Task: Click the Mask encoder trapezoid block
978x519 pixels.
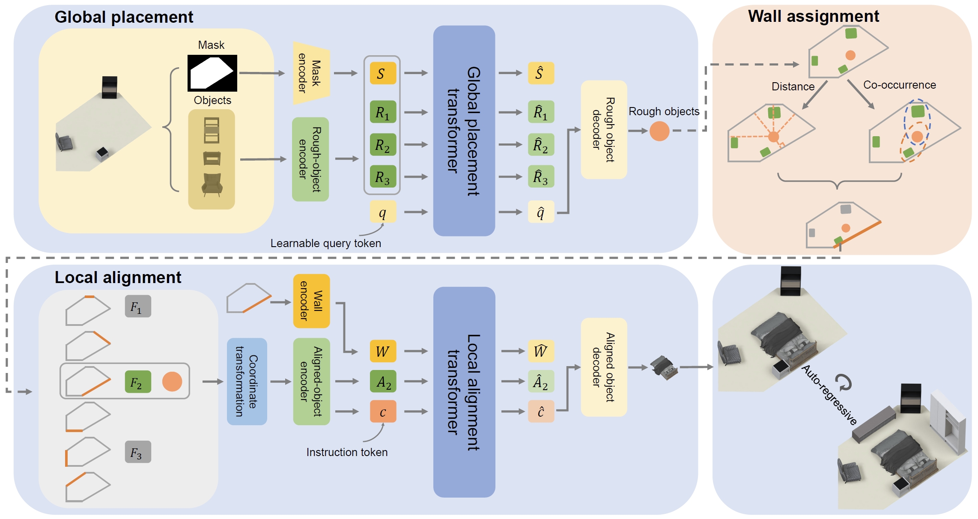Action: [x=310, y=73]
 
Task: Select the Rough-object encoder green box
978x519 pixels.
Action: [x=310, y=159]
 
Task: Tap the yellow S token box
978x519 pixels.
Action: [x=382, y=73]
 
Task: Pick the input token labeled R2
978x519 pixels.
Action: [x=382, y=145]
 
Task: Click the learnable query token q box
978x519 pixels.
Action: [x=382, y=212]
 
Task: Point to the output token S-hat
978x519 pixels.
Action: [x=540, y=73]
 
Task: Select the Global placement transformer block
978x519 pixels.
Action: [x=464, y=131]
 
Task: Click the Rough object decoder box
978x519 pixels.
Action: [x=603, y=130]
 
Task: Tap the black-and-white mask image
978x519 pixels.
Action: [x=212, y=73]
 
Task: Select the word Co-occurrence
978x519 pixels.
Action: [x=899, y=85]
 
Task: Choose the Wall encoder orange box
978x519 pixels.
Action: [x=311, y=301]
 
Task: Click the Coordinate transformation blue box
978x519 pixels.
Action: [x=247, y=382]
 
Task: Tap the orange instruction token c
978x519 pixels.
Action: [x=382, y=412]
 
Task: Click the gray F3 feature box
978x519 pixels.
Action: [x=138, y=452]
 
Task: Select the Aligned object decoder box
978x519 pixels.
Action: [x=603, y=367]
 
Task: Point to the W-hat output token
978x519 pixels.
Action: [x=540, y=351]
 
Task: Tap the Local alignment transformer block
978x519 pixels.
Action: [x=464, y=392]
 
